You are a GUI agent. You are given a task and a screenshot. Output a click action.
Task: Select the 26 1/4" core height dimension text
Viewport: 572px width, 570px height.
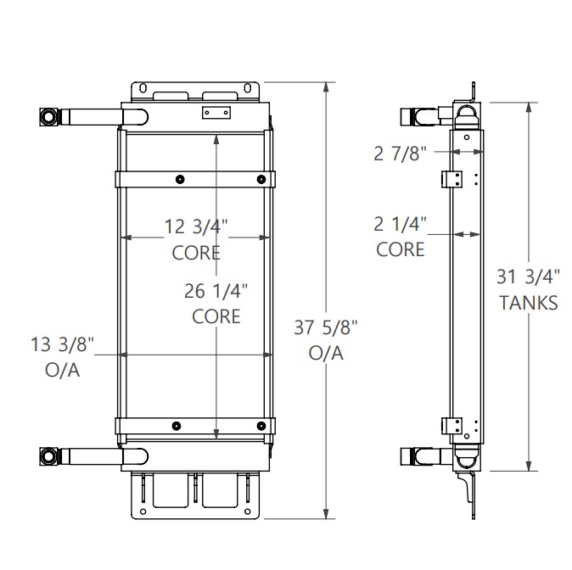pos(216,291)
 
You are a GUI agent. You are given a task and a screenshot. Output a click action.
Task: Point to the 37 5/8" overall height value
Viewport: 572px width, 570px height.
pos(327,327)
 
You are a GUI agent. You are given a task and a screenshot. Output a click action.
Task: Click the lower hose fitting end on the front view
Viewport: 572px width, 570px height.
pos(48,457)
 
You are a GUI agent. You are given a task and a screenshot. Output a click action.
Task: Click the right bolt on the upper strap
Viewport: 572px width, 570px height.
pos(261,178)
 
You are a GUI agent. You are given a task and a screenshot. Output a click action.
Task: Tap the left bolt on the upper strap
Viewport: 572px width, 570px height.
pos(180,178)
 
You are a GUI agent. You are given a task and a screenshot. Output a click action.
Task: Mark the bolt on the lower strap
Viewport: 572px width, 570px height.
pos(177,426)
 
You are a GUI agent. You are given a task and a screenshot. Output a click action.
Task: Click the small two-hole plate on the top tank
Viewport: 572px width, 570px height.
pos(216,114)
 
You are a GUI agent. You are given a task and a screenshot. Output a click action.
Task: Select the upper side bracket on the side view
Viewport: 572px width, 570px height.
pos(451,178)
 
